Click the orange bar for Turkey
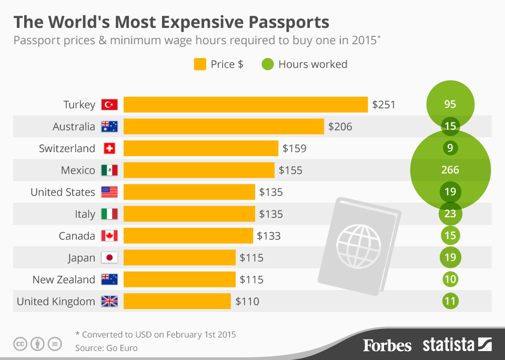click(x=245, y=104)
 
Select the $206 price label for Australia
click(x=340, y=126)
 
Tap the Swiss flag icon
click(x=109, y=148)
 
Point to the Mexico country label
click(x=77, y=170)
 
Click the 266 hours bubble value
click(x=450, y=170)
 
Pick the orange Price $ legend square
click(x=200, y=64)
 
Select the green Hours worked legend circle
click(x=268, y=64)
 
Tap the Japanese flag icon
click(x=109, y=258)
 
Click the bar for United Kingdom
click(x=177, y=301)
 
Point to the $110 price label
click(x=247, y=302)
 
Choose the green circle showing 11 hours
click(x=450, y=302)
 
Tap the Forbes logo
click(x=387, y=345)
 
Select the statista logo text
click(x=448, y=345)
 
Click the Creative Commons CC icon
click(x=21, y=344)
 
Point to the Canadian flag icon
click(x=109, y=236)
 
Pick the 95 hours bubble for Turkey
click(x=450, y=104)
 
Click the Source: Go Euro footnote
click(x=107, y=348)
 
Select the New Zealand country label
click(x=64, y=279)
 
